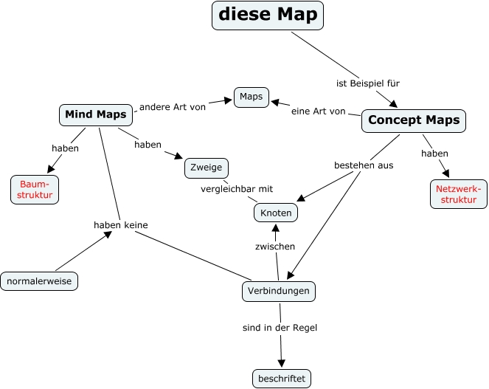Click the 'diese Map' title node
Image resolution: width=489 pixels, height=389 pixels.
[x=268, y=15]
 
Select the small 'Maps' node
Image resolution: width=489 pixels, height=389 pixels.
[x=252, y=97]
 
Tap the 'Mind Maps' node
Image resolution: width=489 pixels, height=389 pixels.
[x=96, y=114]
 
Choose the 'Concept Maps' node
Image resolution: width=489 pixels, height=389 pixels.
[x=414, y=120]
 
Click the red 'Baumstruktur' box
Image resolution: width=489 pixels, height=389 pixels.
[x=34, y=189]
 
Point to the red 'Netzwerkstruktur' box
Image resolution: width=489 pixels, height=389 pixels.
[x=458, y=193]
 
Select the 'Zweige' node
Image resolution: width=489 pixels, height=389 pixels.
[x=206, y=168]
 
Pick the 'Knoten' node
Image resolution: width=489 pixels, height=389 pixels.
[x=277, y=213]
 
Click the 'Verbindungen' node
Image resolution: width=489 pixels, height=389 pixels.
[x=279, y=291]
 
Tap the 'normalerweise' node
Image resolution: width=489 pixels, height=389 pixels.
[x=40, y=280]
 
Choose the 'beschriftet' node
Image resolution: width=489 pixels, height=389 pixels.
[x=281, y=379]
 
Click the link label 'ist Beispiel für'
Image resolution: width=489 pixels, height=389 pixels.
[x=367, y=83]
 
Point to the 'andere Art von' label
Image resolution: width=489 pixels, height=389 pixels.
[x=172, y=106]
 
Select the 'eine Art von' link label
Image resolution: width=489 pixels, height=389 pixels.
[x=318, y=111]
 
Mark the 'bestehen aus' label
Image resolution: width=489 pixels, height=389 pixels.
[x=364, y=165]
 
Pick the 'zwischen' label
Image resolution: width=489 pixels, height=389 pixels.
[x=275, y=247]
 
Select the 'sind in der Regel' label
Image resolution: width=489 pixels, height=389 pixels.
[x=280, y=327]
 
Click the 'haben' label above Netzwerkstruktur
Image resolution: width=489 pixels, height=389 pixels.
[x=434, y=154]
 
